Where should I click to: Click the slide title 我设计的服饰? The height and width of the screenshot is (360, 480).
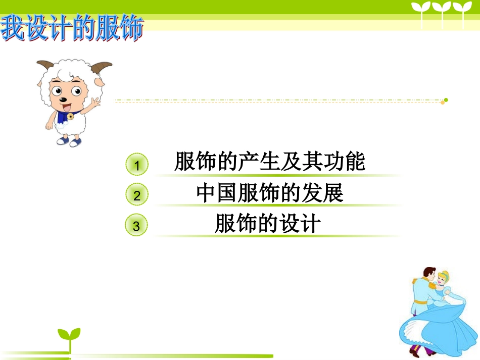click(x=72, y=28)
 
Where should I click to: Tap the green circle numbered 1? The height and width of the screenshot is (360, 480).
click(x=136, y=165)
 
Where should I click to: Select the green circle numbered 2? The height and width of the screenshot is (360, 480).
click(x=136, y=195)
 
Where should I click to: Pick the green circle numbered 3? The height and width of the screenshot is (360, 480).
click(x=136, y=226)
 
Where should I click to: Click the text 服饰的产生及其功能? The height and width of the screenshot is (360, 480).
click(x=269, y=162)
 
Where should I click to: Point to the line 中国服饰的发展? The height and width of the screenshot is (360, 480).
click(x=270, y=193)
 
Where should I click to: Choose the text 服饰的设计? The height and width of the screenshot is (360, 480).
click(x=267, y=224)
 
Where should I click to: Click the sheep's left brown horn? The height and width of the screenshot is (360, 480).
click(x=45, y=65)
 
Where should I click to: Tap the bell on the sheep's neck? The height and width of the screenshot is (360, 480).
click(x=70, y=117)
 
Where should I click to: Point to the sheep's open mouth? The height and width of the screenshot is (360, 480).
click(x=66, y=107)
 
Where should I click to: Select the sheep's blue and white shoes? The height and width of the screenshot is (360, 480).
click(x=69, y=141)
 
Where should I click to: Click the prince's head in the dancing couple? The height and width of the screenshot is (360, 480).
click(x=429, y=275)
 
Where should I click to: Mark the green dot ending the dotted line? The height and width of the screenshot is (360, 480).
click(x=446, y=100)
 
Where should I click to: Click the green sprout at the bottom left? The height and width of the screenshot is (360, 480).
click(x=69, y=336)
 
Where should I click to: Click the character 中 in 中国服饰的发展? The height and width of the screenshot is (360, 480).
click(x=206, y=193)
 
